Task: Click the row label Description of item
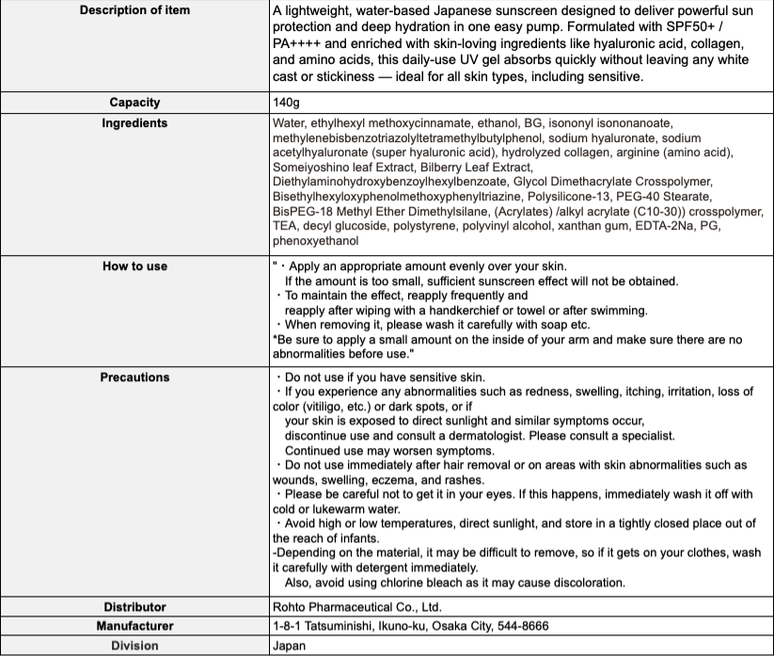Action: (x=134, y=10)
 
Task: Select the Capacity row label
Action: (x=134, y=103)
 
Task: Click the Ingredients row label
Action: (x=134, y=123)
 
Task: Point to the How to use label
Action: (x=134, y=266)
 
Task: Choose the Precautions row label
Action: (x=134, y=377)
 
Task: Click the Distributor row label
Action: (x=134, y=607)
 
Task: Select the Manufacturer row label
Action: (x=134, y=626)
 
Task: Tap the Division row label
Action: (x=134, y=646)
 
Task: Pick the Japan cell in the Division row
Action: (x=289, y=646)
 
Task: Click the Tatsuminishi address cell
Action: (x=410, y=626)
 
